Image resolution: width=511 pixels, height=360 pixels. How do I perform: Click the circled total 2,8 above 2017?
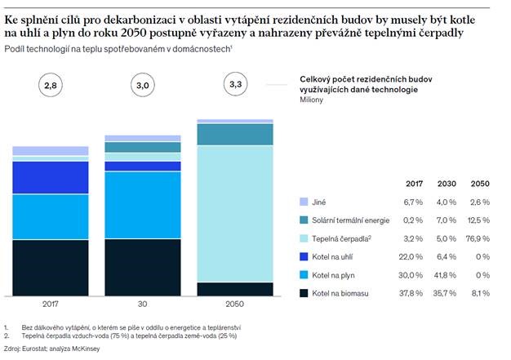[51, 84]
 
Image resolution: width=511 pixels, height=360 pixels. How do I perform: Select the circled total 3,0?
[143, 84]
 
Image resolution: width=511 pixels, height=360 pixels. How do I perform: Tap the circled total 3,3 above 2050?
[235, 84]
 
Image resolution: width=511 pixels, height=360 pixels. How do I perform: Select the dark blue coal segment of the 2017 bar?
[51, 177]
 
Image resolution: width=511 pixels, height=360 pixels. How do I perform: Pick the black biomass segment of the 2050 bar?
[235, 288]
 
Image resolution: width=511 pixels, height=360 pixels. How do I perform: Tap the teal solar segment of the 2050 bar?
[235, 134]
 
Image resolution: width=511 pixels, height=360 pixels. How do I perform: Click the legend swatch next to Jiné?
[304, 201]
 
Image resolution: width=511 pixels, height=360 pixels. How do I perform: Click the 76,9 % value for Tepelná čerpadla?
[477, 238]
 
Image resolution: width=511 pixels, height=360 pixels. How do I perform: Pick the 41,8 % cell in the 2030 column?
[446, 274]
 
